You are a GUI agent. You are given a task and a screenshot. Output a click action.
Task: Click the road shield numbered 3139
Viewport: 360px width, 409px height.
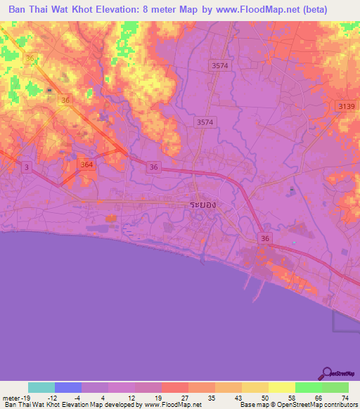(345, 105)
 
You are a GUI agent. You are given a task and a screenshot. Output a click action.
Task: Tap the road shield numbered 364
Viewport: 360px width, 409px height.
(86, 164)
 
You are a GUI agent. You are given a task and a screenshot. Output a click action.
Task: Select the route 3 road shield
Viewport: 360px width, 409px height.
(27, 166)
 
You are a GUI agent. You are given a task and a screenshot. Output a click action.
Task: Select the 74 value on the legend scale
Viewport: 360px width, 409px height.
(344, 398)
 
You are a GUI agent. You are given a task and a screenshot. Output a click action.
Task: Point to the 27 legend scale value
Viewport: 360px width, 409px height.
(184, 398)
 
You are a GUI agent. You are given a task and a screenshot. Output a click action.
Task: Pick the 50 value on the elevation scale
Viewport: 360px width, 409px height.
(264, 398)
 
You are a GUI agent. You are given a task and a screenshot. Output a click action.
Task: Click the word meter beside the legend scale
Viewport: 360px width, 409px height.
(10, 398)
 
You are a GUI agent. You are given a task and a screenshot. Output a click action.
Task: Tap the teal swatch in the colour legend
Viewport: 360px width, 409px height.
(41, 387)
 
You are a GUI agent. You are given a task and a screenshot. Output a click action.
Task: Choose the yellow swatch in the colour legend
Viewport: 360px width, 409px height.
(281, 387)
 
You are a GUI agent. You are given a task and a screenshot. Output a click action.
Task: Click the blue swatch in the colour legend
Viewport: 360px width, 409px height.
(68, 387)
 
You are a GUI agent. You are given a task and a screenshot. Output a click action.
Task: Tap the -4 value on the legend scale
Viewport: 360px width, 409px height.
(77, 398)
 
